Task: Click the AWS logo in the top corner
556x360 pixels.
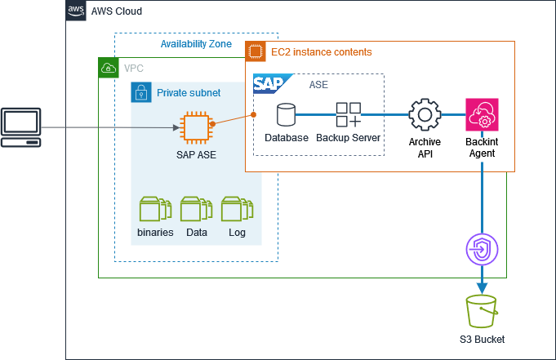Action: pyautogui.click(x=76, y=11)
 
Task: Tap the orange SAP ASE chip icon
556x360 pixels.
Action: pyautogui.click(x=195, y=128)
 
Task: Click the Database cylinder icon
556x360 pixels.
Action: pyautogui.click(x=287, y=114)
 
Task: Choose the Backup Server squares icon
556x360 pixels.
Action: pyautogui.click(x=349, y=114)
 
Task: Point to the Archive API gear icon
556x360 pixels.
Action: pyautogui.click(x=425, y=115)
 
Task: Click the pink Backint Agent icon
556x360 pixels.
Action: pyautogui.click(x=482, y=115)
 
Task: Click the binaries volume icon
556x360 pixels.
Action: pyautogui.click(x=155, y=209)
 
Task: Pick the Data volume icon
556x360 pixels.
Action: pyautogui.click(x=196, y=209)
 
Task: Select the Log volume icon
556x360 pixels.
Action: pyautogui.click(x=237, y=209)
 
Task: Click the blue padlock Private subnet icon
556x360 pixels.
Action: pyautogui.click(x=141, y=92)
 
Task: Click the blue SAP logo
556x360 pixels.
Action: pyautogui.click(x=269, y=84)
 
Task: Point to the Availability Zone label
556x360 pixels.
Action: pyautogui.click(x=196, y=44)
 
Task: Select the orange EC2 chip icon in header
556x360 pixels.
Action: pyautogui.click(x=256, y=51)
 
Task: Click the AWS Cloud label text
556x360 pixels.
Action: pyautogui.click(x=117, y=11)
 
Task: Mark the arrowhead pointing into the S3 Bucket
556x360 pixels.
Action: pyautogui.click(x=482, y=287)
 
